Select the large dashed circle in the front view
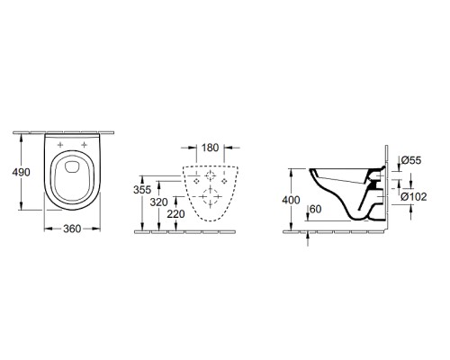click(210, 195)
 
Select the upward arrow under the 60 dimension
click(308, 235)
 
